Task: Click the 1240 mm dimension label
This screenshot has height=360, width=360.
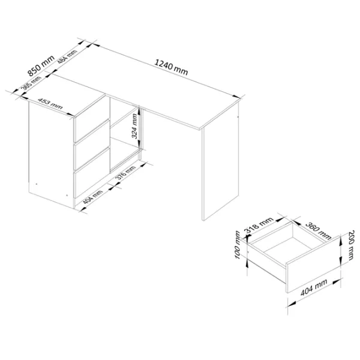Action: pyautogui.click(x=171, y=67)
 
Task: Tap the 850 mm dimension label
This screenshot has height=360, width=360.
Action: pyautogui.click(x=41, y=65)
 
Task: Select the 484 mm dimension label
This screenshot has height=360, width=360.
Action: pyautogui.click(x=67, y=57)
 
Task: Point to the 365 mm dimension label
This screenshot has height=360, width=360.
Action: pyautogui.click(x=31, y=83)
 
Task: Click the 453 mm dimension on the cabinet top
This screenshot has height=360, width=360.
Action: pyautogui.click(x=50, y=104)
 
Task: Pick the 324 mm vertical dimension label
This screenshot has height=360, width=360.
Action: pyautogui.click(x=134, y=126)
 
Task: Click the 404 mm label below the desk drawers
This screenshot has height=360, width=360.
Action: pyautogui.click(x=92, y=197)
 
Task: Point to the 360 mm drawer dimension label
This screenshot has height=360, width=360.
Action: pyautogui.click(x=318, y=230)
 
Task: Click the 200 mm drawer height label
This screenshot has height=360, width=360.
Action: pyautogui.click(x=350, y=245)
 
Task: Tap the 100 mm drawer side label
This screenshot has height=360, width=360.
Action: pyautogui.click(x=238, y=245)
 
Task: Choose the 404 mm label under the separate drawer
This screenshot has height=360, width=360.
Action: pyautogui.click(x=314, y=287)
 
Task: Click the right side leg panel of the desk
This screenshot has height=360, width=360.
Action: pyautogui.click(x=220, y=161)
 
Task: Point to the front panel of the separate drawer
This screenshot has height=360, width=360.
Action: pyautogui.click(x=313, y=264)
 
